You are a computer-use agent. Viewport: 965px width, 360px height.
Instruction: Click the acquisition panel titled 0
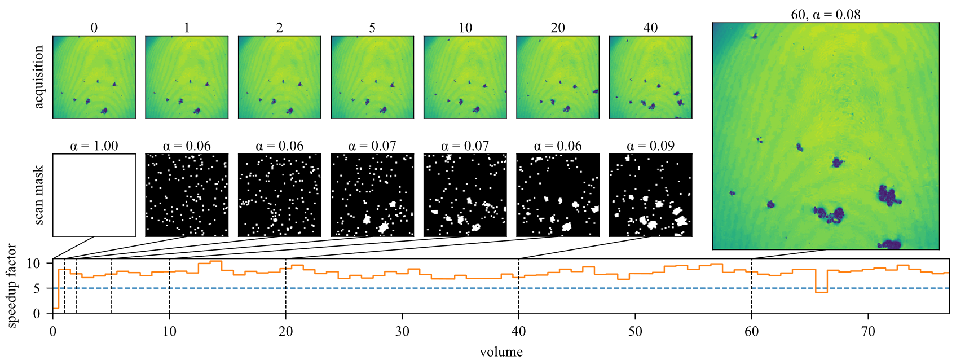click(94, 77)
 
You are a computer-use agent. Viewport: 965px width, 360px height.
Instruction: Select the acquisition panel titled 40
click(650, 77)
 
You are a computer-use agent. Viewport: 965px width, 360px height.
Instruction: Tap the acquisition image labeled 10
click(465, 77)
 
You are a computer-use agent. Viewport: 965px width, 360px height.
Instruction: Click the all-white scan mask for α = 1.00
click(94, 195)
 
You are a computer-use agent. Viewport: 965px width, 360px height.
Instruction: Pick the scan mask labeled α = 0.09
click(650, 195)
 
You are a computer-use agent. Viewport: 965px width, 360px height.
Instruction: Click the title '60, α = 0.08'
click(826, 15)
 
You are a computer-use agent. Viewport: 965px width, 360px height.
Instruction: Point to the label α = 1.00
click(94, 146)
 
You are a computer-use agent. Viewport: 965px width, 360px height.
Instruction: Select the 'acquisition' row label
click(39, 77)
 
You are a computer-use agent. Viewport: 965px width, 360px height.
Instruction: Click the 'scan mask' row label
click(39, 195)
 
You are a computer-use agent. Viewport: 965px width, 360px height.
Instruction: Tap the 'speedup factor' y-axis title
click(12, 286)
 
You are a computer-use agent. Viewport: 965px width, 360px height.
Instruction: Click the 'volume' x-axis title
click(501, 352)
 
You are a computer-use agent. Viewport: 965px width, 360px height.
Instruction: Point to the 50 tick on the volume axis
click(635, 331)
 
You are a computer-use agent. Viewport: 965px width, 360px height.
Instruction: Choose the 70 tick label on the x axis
click(868, 331)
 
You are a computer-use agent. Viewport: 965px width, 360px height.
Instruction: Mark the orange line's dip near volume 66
click(821, 292)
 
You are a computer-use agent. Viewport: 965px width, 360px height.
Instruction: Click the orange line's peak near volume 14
click(216, 261)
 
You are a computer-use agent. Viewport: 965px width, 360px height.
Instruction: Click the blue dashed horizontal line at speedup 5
click(395, 288)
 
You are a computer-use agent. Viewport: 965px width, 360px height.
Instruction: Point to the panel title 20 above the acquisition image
click(558, 28)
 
